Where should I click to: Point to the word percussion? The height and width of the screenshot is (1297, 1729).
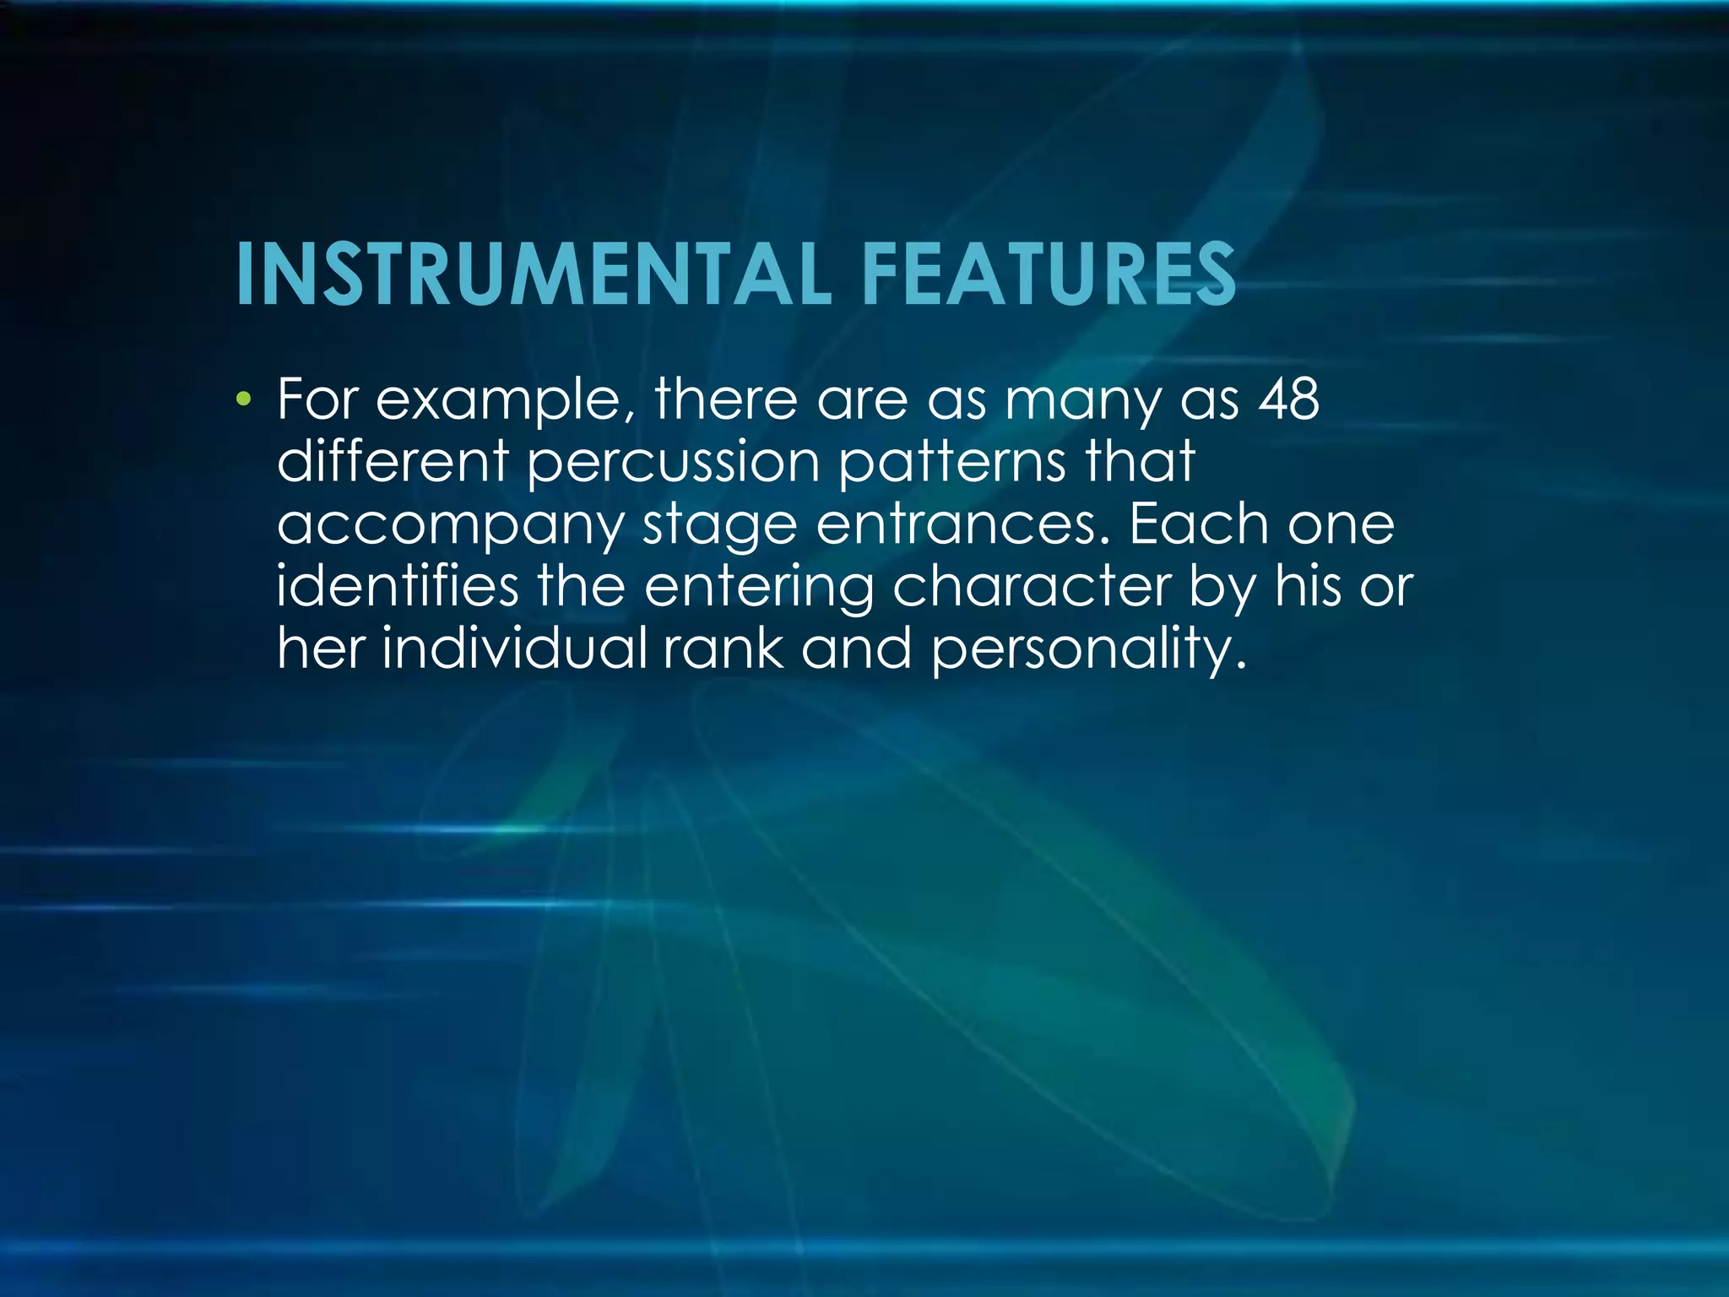(675, 463)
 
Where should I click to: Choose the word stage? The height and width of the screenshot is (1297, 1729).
(720, 526)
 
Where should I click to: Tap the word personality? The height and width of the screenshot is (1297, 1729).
(1089, 649)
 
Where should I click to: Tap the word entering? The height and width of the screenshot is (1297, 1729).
(759, 587)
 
